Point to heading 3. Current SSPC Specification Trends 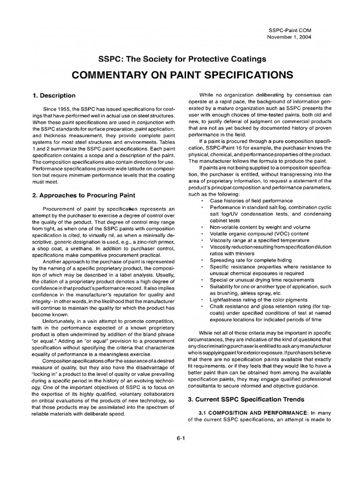246,400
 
